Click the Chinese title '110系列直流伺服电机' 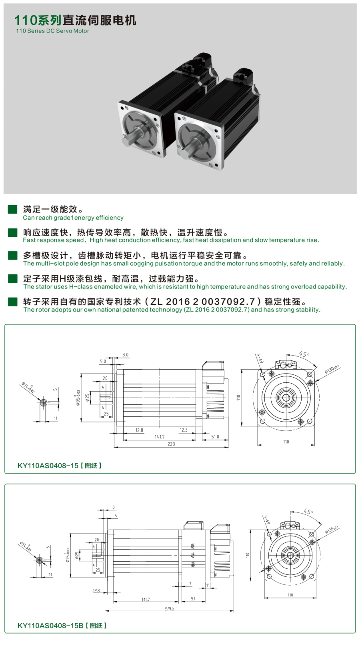coord(75,20)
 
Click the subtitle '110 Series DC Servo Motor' coord(52,31)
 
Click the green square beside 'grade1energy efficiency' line coord(12,209)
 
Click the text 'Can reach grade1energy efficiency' coord(73,218)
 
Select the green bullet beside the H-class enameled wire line coord(12,278)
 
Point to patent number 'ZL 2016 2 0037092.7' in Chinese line coord(202,302)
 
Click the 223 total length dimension coord(171,444)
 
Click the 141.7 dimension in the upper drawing coord(159,437)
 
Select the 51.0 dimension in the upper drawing coord(215,437)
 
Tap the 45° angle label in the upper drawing coord(304,354)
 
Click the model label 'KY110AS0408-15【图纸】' coord(60,466)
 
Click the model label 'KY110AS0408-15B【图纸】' coord(62,626)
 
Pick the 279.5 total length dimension coord(169,608)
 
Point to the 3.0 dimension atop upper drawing coord(125,355)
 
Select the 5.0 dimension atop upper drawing coord(103,361)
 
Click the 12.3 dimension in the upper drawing coord(183,430)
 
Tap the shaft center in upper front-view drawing coord(286,398)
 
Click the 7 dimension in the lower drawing coord(190,584)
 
